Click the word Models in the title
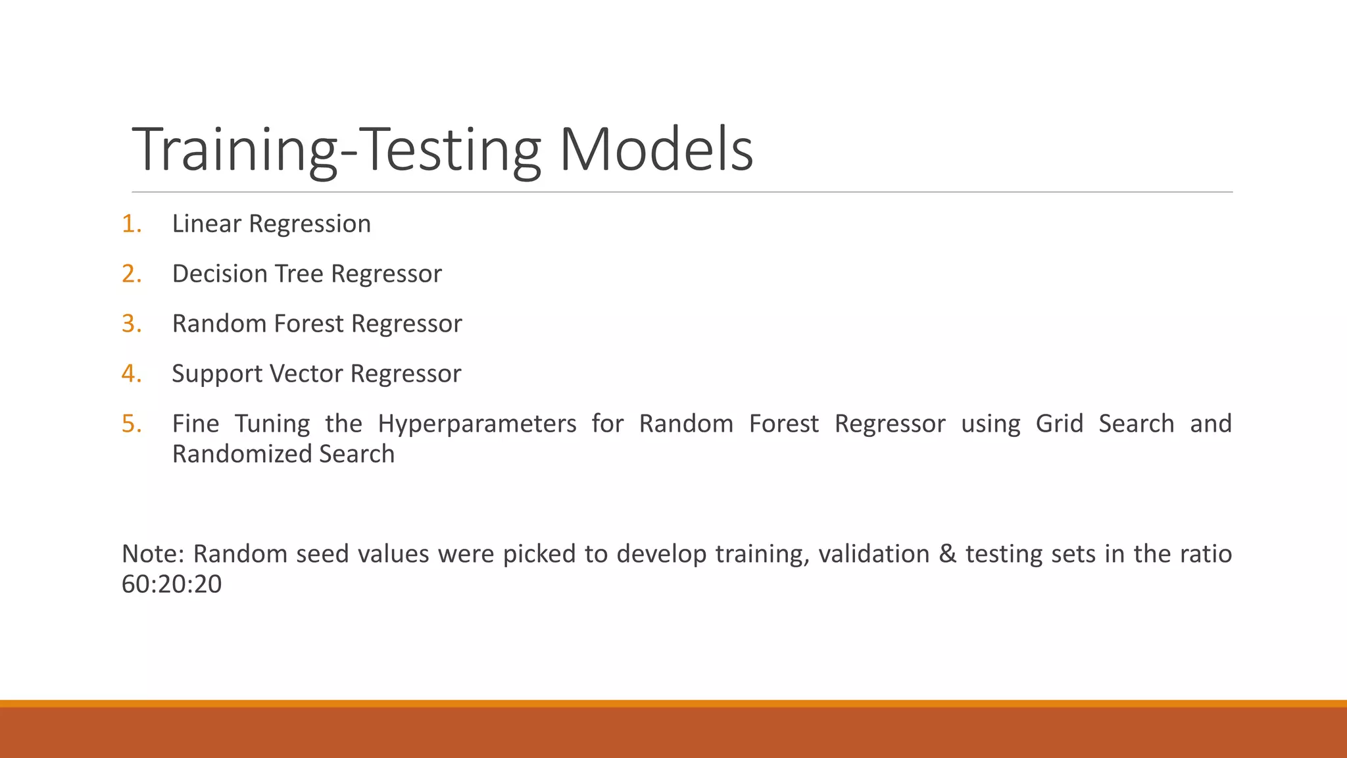pyautogui.click(x=656, y=150)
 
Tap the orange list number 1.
pyautogui.click(x=131, y=224)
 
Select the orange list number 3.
pyautogui.click(x=131, y=324)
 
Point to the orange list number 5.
pyautogui.click(x=131, y=424)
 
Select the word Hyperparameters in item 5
pyautogui.click(x=477, y=424)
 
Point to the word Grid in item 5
pyautogui.click(x=1059, y=424)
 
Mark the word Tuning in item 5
pyautogui.click(x=272, y=424)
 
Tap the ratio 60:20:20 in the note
pyautogui.click(x=172, y=584)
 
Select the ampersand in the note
pyautogui.click(x=947, y=554)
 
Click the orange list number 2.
pyautogui.click(x=131, y=274)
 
